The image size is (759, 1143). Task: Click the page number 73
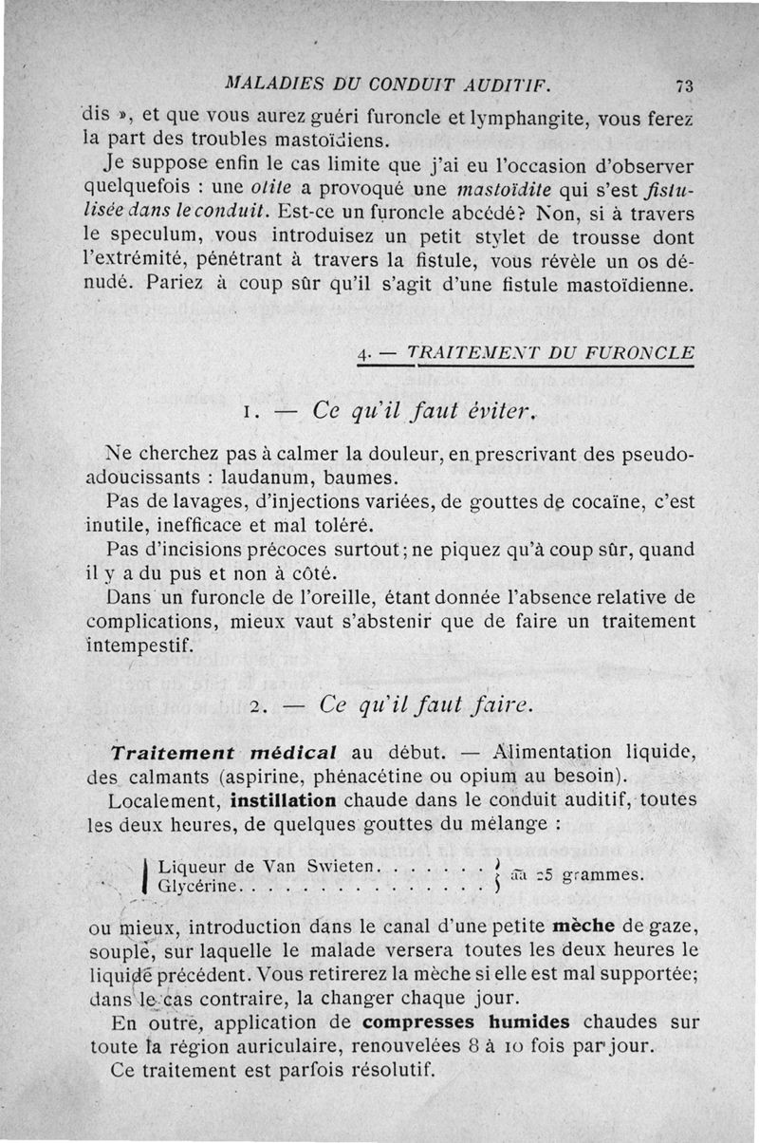(684, 84)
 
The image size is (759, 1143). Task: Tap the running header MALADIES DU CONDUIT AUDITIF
(410, 83)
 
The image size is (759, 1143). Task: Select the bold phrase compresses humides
(465, 1022)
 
